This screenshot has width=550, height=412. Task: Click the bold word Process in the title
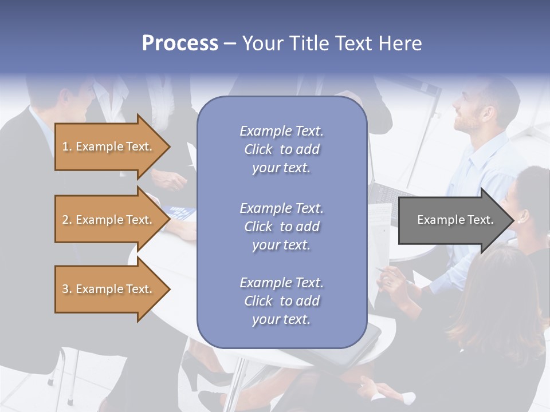tap(180, 43)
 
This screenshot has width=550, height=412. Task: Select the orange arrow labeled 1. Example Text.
tap(109, 146)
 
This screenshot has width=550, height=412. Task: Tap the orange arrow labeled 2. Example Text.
tap(109, 220)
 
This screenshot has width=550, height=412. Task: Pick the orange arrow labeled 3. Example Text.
tap(109, 289)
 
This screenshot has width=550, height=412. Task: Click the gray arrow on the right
tap(453, 220)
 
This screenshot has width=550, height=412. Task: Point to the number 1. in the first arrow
tap(67, 146)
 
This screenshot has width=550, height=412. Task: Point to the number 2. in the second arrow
tap(67, 220)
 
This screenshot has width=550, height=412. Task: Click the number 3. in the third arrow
tap(67, 289)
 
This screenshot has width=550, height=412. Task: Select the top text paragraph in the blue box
tap(281, 149)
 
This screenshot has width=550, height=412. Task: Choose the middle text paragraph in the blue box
tap(281, 227)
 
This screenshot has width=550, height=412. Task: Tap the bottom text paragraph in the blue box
tap(281, 301)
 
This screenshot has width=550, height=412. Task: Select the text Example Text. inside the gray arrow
tap(455, 220)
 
